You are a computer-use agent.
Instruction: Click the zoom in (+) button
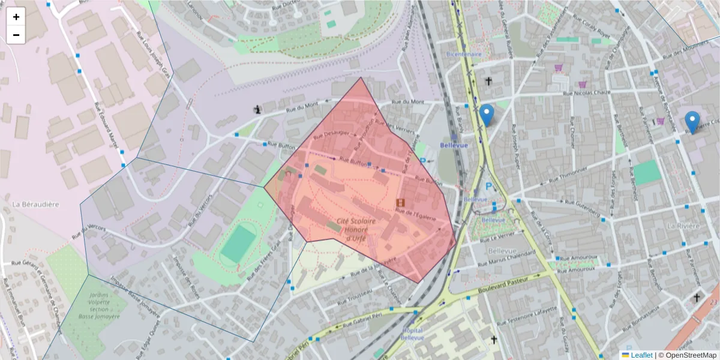coord(16,17)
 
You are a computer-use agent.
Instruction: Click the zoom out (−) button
coord(16,35)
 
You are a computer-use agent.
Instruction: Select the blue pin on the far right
coord(692,122)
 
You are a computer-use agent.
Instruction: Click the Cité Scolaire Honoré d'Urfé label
coord(356,230)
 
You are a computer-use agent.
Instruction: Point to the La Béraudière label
coord(35,205)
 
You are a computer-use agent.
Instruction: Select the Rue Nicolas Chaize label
coord(590,93)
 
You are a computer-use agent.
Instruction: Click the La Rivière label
coord(683,226)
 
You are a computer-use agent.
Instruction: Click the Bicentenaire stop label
coord(464,54)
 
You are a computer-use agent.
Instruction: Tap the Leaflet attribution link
coord(641,355)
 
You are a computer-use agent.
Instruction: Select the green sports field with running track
coord(238,244)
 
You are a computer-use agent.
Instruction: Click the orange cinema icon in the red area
coord(400,203)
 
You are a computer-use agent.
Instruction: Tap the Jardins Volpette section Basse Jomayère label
coord(95,305)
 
